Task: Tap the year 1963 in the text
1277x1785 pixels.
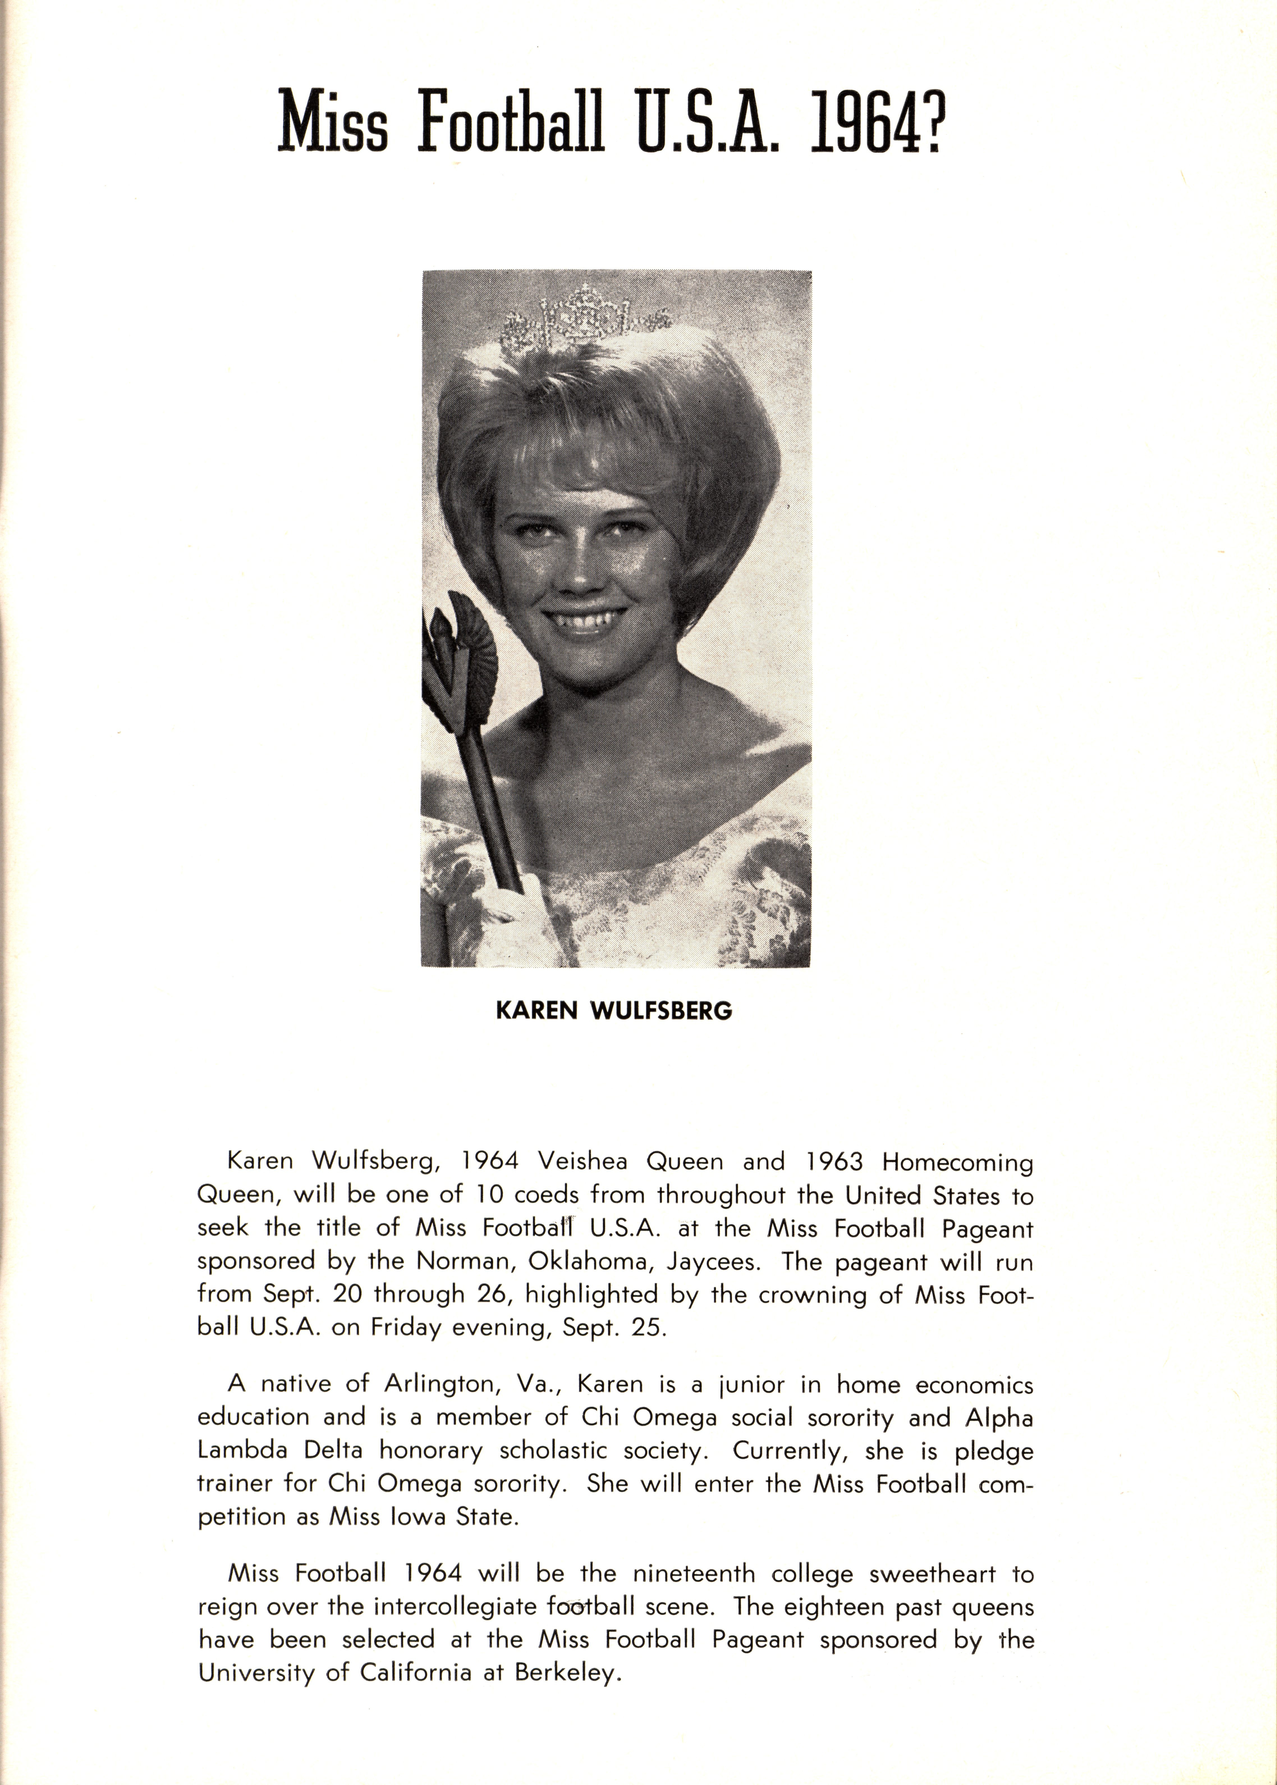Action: coord(834,1161)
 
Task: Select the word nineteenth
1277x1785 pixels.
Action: coord(694,1574)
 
